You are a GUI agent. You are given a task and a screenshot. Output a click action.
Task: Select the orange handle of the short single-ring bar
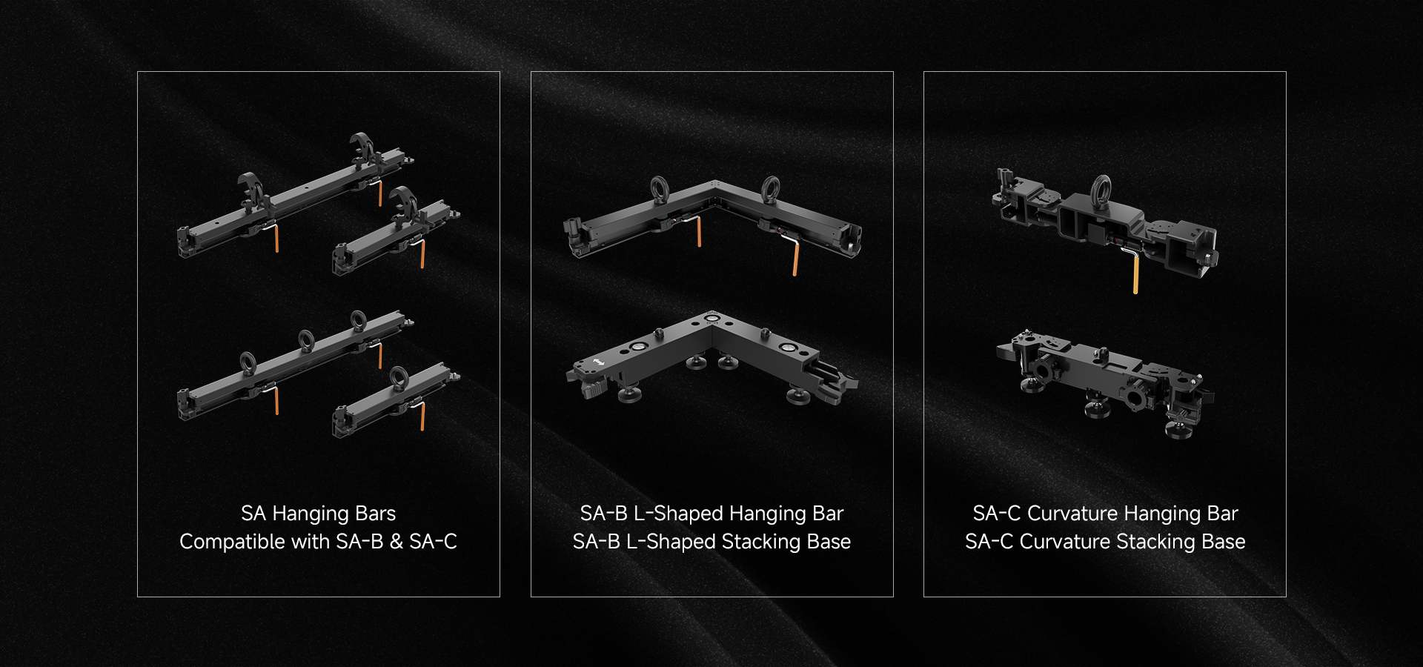tap(422, 416)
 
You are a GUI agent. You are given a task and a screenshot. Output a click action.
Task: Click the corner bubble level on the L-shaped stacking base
tap(711, 319)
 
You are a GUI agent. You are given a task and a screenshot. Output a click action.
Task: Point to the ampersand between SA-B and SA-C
tap(397, 542)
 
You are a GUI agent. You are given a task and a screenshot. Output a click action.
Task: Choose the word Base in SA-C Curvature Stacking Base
tap(1224, 542)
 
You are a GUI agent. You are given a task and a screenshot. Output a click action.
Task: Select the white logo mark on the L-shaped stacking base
tap(597, 363)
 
